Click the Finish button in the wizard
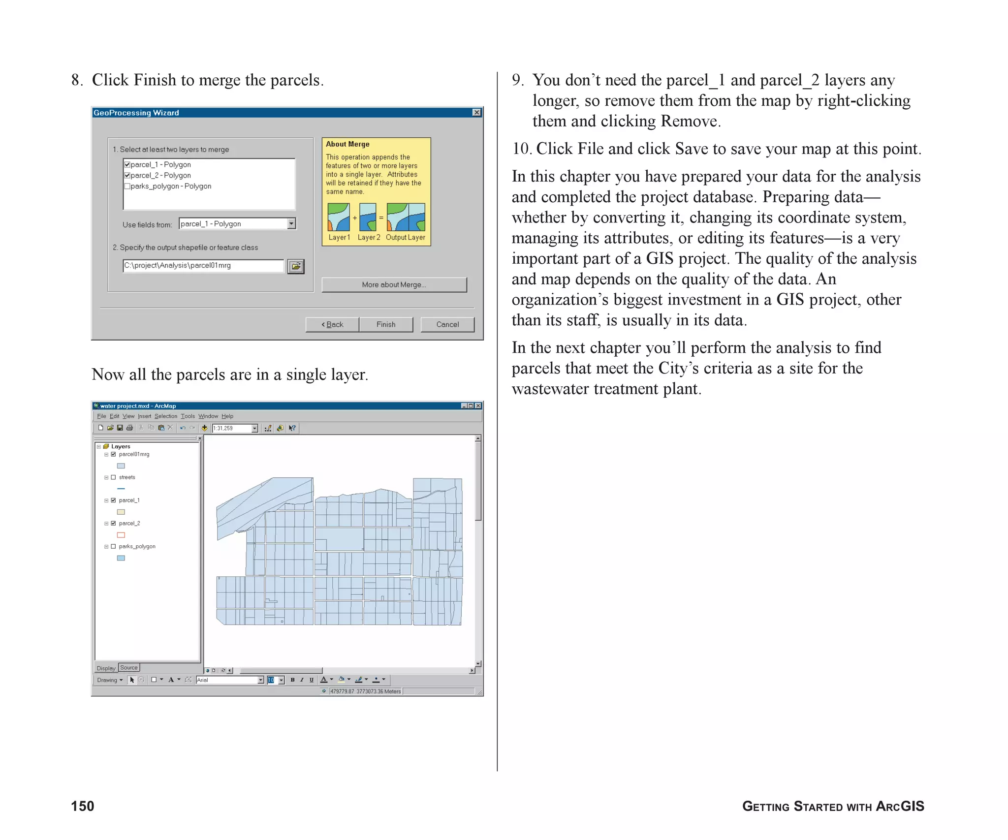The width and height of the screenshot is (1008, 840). coord(386,324)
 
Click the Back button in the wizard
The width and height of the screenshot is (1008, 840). coord(332,324)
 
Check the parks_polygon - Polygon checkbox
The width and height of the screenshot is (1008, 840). coord(127,186)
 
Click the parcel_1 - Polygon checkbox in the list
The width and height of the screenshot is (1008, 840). coord(127,164)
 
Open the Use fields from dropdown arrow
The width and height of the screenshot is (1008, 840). coord(291,223)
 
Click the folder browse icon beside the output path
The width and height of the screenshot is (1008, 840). coord(296,266)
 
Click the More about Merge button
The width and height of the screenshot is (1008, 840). coord(394,284)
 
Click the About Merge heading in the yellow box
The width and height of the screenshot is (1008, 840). coord(347,144)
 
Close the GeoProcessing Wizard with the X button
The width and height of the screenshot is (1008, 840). coord(476,113)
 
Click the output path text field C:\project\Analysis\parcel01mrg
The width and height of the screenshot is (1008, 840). coord(203,266)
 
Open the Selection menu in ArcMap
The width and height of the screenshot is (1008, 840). coord(165,416)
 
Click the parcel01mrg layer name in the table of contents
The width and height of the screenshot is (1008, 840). coord(134,454)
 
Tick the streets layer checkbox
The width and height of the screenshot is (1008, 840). coord(113,477)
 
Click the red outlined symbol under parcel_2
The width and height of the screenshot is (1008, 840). coord(121,535)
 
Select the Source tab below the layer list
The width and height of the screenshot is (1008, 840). coord(129,668)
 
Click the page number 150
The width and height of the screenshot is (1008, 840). coord(83,806)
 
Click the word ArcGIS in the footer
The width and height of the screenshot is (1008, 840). coord(900,806)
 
